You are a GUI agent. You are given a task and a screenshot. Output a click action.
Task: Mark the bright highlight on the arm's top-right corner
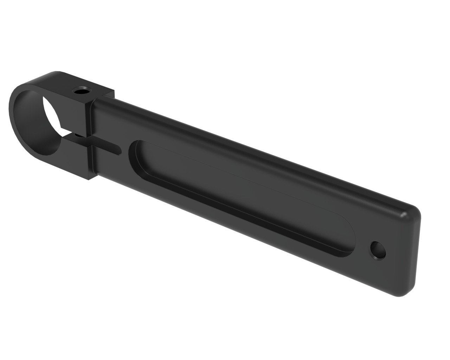coord(408,211)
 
